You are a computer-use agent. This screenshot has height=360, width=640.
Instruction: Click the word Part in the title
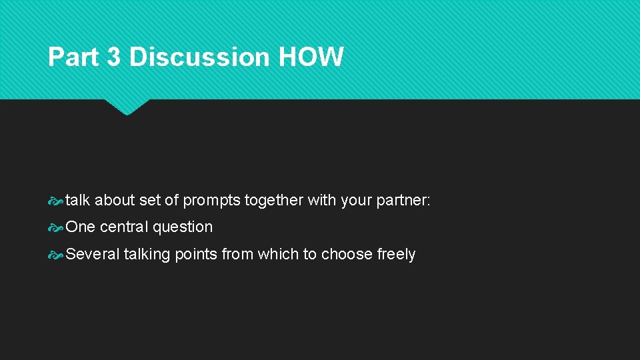click(73, 57)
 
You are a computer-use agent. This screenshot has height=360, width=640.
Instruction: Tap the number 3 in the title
click(114, 57)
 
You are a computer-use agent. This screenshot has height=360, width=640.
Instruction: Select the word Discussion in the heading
click(200, 57)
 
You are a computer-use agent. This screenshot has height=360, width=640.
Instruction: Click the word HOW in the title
click(311, 57)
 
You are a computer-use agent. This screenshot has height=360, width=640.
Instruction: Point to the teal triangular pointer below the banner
click(127, 106)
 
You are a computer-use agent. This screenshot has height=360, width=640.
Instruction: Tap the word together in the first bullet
click(275, 201)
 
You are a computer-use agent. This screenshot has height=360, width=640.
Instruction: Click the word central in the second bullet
click(124, 227)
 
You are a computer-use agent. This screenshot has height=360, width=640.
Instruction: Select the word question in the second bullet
click(183, 227)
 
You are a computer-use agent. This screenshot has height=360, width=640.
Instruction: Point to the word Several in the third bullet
click(93, 255)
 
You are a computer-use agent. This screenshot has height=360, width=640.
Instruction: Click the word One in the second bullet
click(81, 227)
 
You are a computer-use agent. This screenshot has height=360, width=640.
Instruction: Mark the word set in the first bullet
click(150, 201)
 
